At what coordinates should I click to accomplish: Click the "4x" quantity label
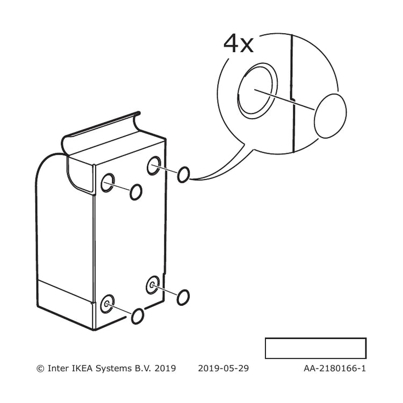coord(239,44)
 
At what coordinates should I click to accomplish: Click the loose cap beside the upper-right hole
coord(184,175)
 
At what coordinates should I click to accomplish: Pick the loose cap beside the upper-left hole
coord(136,192)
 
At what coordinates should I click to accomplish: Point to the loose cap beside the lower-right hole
coord(183,297)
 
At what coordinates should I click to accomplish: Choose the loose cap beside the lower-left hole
coord(138,316)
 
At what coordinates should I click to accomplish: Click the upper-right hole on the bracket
coord(154,165)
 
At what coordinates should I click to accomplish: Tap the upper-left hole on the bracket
coord(107,183)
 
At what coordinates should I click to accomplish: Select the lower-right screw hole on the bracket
coord(153,285)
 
